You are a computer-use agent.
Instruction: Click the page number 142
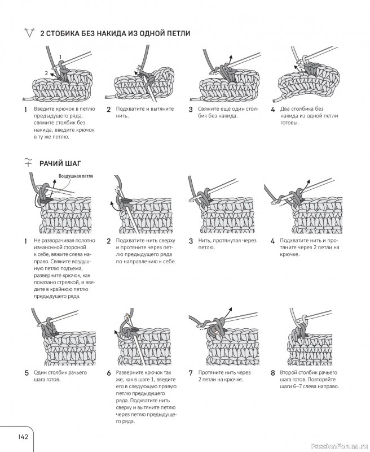[23, 436]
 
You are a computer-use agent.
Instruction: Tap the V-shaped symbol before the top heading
[30, 33]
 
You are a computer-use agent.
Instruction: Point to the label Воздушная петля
[76, 176]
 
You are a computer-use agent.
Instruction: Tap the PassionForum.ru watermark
[340, 446]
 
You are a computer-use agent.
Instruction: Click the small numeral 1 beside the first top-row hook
[60, 57]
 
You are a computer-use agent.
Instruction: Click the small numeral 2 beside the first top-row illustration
[46, 73]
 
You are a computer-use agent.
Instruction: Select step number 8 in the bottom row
[273, 373]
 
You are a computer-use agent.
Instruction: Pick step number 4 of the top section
[273, 110]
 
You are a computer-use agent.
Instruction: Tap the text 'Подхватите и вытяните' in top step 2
[145, 108]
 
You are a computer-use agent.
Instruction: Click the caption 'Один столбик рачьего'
[60, 372]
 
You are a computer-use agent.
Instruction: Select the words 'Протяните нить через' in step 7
[224, 372]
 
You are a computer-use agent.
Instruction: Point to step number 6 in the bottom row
[109, 373]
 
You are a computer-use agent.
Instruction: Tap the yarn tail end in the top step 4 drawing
[274, 101]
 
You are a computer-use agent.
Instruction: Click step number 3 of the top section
[191, 110]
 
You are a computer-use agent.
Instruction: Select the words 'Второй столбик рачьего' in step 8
[309, 372]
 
